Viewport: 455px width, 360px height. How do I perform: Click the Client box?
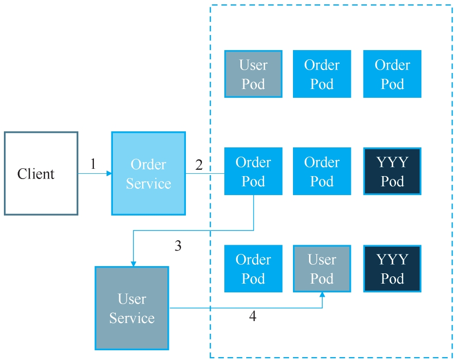[41, 173]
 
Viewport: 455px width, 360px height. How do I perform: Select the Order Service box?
[148, 173]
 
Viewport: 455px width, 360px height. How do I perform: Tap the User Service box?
[131, 308]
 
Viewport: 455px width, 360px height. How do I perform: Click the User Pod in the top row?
[253, 74]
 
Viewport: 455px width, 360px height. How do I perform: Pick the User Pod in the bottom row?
[322, 269]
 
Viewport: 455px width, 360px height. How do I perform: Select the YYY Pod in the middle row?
[392, 171]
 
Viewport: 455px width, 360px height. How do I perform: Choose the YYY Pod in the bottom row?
[392, 269]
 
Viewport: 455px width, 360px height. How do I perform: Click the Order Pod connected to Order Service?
[253, 171]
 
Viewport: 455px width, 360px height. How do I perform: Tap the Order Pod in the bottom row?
[253, 269]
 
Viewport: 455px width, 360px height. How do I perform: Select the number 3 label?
[178, 246]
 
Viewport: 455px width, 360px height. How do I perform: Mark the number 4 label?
[253, 317]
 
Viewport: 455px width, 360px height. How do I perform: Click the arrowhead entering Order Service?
[109, 173]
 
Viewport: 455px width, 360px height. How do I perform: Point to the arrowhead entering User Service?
[133, 264]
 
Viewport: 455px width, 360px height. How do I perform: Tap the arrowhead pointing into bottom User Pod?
[322, 295]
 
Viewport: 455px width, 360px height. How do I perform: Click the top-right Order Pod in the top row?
[392, 74]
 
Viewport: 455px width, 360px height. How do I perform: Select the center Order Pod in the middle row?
[322, 171]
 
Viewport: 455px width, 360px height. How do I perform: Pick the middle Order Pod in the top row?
[322, 74]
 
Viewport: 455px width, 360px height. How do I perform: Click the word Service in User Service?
[131, 318]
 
